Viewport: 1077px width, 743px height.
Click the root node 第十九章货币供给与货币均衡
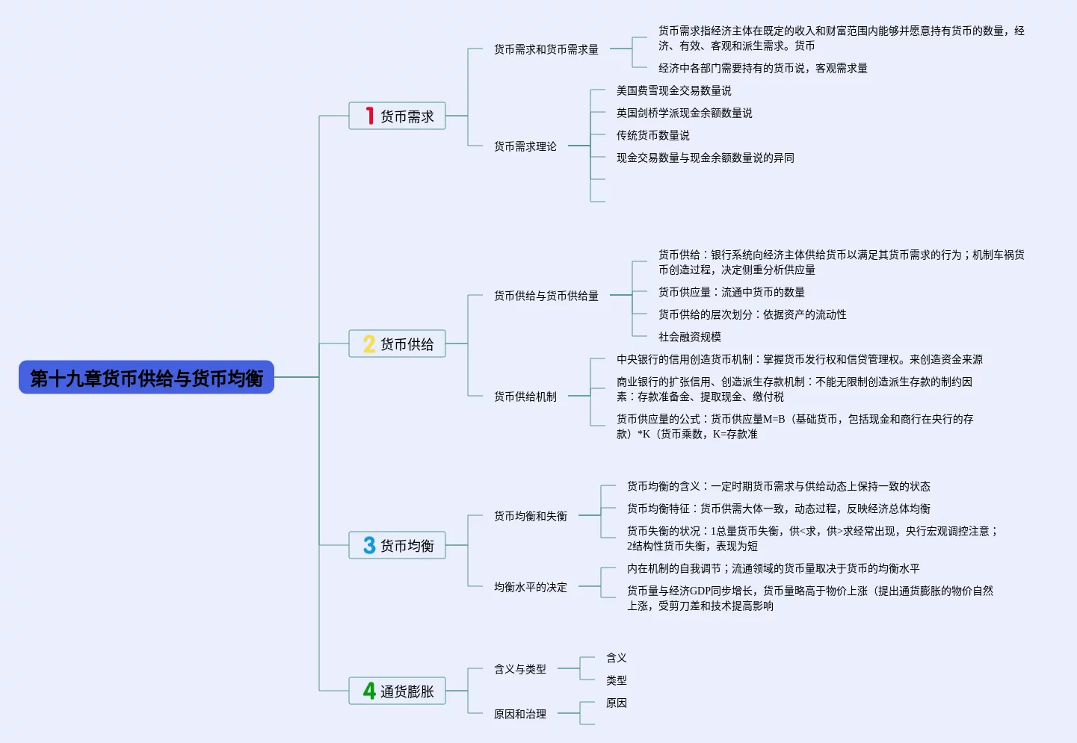click(x=146, y=378)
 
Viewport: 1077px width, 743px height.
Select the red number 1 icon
click(x=369, y=116)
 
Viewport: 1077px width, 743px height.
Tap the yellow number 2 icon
click(x=369, y=343)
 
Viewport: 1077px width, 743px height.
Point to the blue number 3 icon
click(x=369, y=545)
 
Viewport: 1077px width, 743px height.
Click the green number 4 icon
click(x=369, y=691)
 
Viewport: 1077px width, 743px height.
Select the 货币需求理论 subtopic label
click(x=525, y=146)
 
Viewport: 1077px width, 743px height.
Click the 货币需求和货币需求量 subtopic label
click(x=546, y=49)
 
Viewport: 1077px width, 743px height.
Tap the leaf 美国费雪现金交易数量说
click(x=673, y=90)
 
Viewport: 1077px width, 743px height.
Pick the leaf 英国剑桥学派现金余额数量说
click(x=684, y=113)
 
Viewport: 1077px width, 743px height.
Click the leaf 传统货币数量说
click(x=652, y=135)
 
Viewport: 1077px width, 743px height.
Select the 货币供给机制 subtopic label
click(x=525, y=397)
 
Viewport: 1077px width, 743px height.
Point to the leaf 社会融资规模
click(x=689, y=337)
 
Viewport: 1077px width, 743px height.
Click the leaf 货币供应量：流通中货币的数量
click(x=731, y=292)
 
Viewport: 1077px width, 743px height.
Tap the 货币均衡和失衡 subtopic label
click(x=530, y=516)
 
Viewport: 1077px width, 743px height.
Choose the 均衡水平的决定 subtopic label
click(x=530, y=587)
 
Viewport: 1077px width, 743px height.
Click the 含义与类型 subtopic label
click(x=519, y=669)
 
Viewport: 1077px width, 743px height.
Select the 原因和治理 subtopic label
click(x=519, y=714)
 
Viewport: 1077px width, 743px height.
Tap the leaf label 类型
click(x=616, y=680)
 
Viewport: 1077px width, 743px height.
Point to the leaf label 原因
click(x=616, y=703)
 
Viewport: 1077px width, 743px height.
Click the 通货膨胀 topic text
click(x=407, y=691)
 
